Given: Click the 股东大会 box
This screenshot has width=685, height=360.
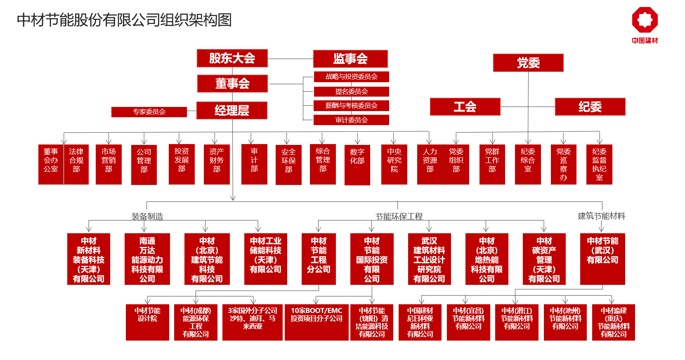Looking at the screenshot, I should (232, 58).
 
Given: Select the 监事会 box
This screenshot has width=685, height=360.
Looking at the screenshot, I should (350, 59).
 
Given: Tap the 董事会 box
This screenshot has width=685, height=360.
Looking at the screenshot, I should (232, 83).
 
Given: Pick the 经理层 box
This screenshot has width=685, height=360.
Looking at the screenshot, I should (231, 110).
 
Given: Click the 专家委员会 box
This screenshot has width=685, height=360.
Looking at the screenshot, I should (149, 112).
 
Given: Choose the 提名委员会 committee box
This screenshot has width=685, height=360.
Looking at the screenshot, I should (351, 91).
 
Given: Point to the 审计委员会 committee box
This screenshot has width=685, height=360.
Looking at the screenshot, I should (351, 120).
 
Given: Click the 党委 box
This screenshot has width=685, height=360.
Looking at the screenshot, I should (528, 63).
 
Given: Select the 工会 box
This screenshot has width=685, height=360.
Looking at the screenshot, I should (465, 107).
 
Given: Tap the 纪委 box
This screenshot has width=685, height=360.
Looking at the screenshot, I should (590, 107).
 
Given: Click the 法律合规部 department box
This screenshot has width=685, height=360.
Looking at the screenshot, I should (76, 164).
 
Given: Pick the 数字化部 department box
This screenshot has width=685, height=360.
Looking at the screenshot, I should (357, 165).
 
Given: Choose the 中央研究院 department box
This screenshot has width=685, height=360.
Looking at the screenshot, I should (394, 164).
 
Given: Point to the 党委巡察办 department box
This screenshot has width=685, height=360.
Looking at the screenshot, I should (563, 164).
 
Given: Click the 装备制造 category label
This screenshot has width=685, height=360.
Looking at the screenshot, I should (147, 216).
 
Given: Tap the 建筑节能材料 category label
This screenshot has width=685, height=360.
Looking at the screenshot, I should (601, 216).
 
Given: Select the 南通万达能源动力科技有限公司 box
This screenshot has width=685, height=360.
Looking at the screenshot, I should (147, 259).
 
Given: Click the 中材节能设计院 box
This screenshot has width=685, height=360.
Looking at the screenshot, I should (147, 322).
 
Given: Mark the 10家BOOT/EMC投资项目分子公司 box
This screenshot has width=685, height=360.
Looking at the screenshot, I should (317, 322).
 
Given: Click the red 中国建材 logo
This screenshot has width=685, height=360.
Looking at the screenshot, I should (645, 24).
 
